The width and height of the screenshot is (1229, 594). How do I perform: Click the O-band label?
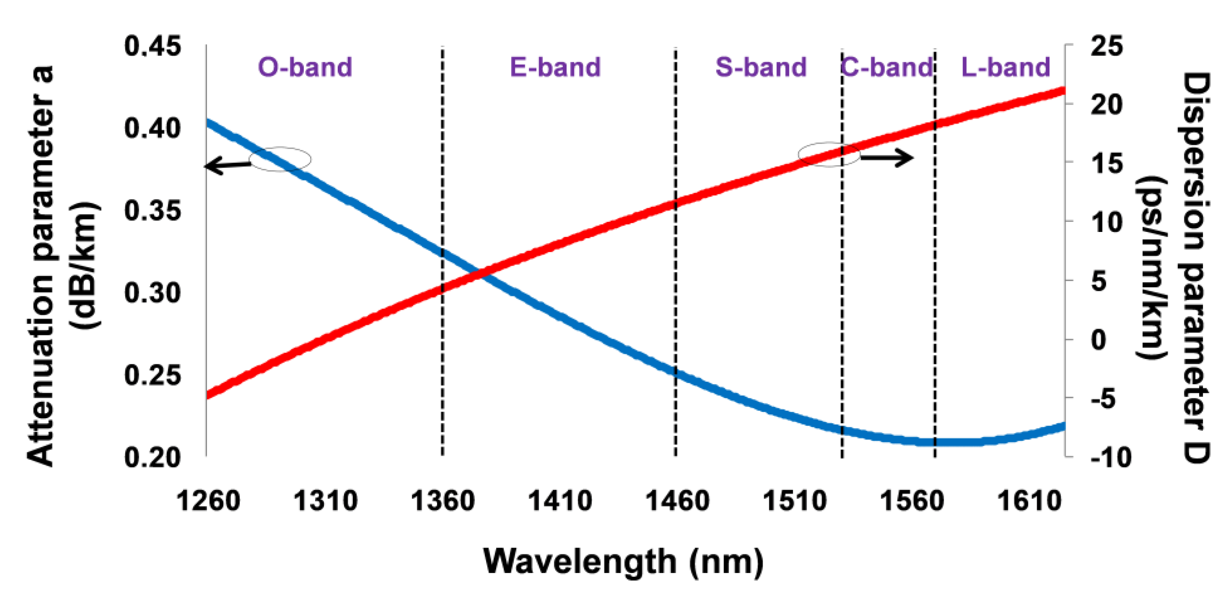(305, 67)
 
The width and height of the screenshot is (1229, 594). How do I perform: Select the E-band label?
(555, 67)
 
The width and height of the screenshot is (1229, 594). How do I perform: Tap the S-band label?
(761, 67)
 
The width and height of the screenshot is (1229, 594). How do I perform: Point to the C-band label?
(886, 67)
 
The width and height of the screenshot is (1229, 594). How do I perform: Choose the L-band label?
(1006, 67)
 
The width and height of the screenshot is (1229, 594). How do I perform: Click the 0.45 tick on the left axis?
(153, 47)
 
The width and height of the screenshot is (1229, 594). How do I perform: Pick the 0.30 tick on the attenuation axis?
(153, 293)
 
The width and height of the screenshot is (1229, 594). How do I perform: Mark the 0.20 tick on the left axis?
(153, 458)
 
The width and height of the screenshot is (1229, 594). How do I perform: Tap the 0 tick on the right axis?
(1098, 340)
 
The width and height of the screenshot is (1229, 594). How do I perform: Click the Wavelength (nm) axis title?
(623, 562)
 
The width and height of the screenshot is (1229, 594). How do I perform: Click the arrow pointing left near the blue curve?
(227, 165)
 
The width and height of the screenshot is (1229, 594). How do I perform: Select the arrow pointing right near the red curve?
(887, 157)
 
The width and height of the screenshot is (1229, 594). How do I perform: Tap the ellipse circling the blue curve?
(280, 159)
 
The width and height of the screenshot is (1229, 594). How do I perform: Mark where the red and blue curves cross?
(479, 274)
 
